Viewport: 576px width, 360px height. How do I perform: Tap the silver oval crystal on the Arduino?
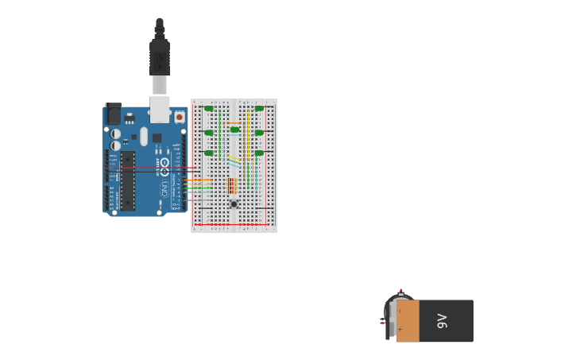[x=144, y=136]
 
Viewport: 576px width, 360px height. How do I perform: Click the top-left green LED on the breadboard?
[x=210, y=108]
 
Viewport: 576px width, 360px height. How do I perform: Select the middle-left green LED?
[x=210, y=133]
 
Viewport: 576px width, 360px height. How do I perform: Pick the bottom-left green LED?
[x=210, y=153]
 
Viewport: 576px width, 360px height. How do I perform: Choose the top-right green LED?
[x=259, y=108]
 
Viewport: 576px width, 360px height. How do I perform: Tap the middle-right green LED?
[x=259, y=133]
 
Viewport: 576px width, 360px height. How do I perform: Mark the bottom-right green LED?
[x=259, y=153]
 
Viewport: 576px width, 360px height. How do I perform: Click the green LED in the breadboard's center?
[x=234, y=130]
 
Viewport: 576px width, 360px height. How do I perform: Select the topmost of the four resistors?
[x=232, y=180]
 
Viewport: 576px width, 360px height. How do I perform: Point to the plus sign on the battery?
[x=400, y=328]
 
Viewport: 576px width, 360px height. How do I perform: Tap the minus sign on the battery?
[x=400, y=312]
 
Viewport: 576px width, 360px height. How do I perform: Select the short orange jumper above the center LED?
[x=234, y=123]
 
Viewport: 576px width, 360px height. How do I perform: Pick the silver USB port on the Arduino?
[x=160, y=110]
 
